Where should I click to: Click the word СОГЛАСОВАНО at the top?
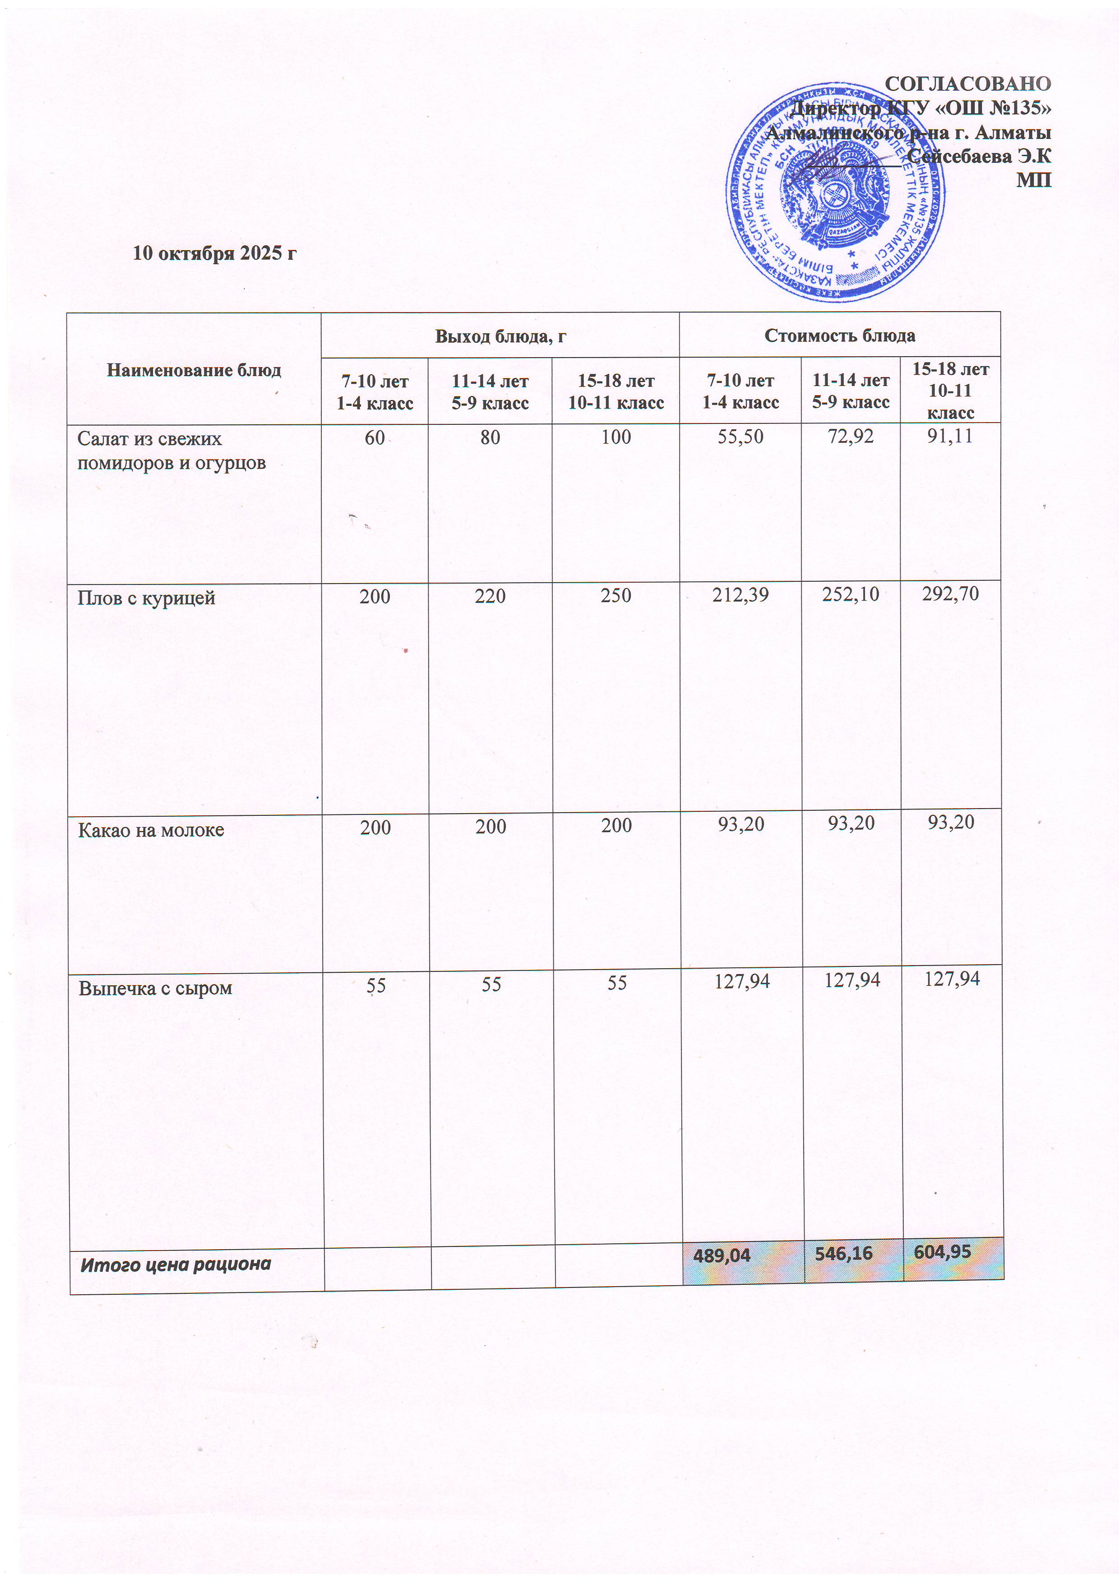(967, 84)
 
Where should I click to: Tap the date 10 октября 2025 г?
(214, 253)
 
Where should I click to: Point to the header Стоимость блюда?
(839, 336)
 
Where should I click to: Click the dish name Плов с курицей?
(146, 598)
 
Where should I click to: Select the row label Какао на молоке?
(151, 830)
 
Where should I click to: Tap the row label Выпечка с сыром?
(155, 988)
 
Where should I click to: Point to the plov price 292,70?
(950, 593)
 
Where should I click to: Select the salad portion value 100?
(616, 437)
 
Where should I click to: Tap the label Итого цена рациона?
(176, 1265)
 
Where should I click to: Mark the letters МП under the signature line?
(1034, 180)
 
